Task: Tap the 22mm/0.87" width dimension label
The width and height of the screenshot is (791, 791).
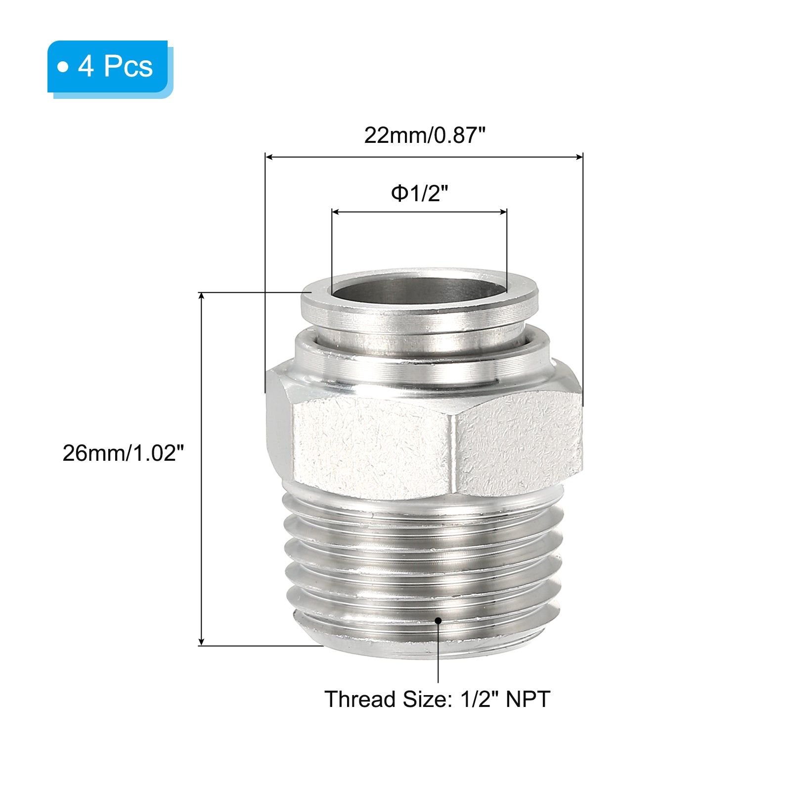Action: pyautogui.click(x=425, y=135)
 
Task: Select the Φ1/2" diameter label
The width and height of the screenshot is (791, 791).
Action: pyautogui.click(x=419, y=193)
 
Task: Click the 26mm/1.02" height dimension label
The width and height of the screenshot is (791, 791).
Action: pyautogui.click(x=123, y=453)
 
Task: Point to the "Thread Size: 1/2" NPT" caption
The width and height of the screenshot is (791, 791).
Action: pyautogui.click(x=437, y=699)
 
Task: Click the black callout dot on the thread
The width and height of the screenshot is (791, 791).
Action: pyautogui.click(x=438, y=620)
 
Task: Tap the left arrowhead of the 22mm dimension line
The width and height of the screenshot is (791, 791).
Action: pyautogui.click(x=269, y=157)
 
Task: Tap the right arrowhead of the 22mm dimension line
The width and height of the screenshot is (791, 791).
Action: pyautogui.click(x=579, y=157)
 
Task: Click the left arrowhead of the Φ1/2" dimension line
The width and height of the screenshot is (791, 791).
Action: pyautogui.click(x=336, y=212)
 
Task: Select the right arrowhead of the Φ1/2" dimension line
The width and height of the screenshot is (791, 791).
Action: pyautogui.click(x=503, y=212)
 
